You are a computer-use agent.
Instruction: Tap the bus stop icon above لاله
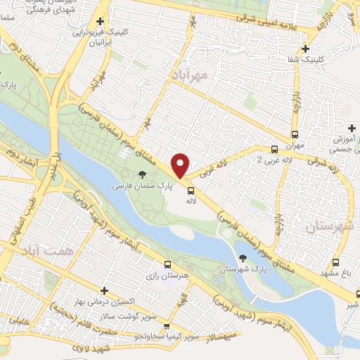190,190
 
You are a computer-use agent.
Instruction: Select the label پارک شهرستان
240,269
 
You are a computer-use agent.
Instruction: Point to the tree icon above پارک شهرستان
243,258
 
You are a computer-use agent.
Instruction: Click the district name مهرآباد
196,72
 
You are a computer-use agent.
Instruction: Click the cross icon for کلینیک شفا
305,49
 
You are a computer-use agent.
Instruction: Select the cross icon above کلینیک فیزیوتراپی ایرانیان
100,22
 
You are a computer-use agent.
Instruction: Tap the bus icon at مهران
295,135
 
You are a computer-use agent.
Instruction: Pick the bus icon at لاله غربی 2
275,148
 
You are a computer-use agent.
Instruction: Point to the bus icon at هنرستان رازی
167,264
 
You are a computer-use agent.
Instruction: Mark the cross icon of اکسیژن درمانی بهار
104,290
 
